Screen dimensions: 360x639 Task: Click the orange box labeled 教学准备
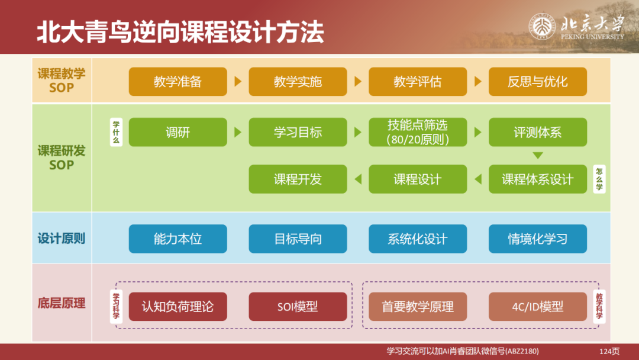[177, 82]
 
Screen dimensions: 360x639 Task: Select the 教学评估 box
[417, 82]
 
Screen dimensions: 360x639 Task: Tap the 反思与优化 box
[537, 82]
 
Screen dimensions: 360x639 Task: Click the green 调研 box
[177, 132]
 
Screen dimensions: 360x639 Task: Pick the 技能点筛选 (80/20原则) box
[417, 132]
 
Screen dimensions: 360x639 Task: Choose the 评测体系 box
[537, 132]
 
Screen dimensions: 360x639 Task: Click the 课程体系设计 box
[537, 179]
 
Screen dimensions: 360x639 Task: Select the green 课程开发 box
[298, 179]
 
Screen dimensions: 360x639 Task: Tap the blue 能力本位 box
[177, 239]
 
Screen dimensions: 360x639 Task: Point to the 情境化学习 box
[537, 239]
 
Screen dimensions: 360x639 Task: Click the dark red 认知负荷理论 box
[177, 307]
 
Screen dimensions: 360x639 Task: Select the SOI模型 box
[298, 307]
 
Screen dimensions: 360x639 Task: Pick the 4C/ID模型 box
[537, 307]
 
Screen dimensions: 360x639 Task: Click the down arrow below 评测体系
[537, 156]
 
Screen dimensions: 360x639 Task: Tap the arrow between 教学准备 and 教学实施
[238, 82]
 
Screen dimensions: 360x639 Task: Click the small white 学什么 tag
[117, 132]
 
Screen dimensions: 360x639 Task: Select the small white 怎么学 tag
[599, 179]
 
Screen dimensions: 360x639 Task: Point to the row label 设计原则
[62, 239]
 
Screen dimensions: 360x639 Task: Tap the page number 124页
[609, 352]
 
